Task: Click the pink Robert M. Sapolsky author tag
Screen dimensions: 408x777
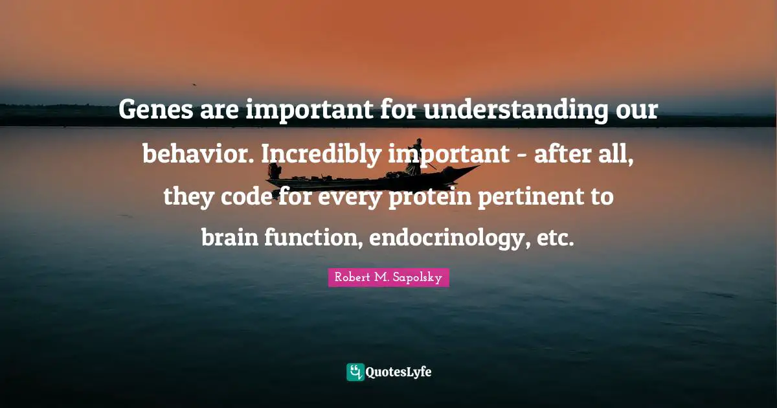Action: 388,278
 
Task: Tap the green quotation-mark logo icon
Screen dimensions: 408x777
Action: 355,372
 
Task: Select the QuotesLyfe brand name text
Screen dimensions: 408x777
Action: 399,372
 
